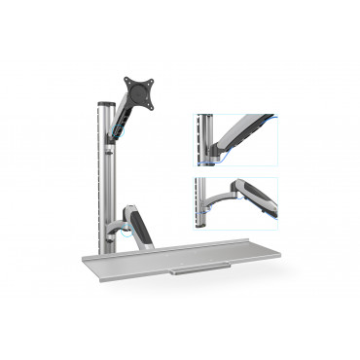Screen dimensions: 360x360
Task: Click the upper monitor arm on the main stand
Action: coord(122,118)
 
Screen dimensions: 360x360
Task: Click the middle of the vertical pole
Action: coord(103,175)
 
